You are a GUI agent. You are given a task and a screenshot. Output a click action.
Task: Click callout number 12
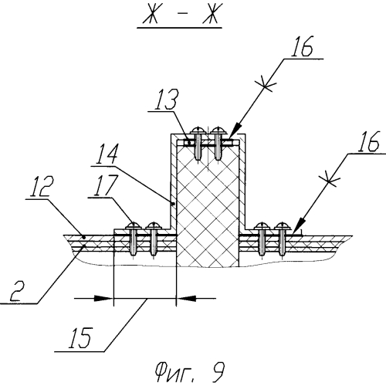(x=42, y=186)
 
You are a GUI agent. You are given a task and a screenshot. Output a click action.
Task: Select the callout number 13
(x=166, y=100)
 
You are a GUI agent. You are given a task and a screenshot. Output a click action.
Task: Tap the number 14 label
(x=107, y=154)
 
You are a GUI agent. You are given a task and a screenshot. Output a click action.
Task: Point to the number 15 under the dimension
(x=80, y=337)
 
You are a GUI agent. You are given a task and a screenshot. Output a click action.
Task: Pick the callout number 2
(x=17, y=291)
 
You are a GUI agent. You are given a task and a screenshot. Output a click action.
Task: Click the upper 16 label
(x=302, y=46)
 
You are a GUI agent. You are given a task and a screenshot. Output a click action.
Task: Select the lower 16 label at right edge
(x=368, y=141)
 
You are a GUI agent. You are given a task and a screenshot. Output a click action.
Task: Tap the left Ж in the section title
(x=151, y=13)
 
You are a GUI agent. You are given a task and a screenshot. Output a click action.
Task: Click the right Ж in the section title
(x=211, y=13)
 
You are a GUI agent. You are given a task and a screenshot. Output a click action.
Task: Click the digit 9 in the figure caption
(x=217, y=372)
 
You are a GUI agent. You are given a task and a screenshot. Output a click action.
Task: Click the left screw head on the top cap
(x=198, y=130)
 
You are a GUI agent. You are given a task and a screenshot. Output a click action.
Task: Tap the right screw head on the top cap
(x=218, y=130)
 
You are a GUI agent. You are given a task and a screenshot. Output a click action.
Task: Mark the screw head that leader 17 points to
(x=134, y=226)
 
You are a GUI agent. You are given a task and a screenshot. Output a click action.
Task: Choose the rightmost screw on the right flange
(x=283, y=226)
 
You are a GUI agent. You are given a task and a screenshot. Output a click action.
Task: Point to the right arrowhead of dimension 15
(x=186, y=298)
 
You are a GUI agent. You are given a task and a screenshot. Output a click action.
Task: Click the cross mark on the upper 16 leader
(x=265, y=84)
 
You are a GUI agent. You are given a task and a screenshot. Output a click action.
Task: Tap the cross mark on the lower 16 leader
(x=329, y=179)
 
